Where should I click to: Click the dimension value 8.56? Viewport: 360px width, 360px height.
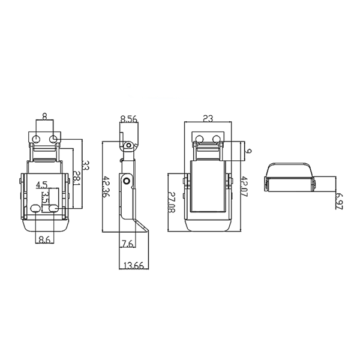[129, 119]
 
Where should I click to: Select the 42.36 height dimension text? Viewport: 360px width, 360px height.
[106, 187]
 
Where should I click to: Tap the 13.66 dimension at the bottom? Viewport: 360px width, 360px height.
[134, 265]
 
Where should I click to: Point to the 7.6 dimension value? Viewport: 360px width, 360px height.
[128, 244]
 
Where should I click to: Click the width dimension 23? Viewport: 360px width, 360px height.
[208, 118]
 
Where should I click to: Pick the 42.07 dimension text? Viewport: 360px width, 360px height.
[244, 187]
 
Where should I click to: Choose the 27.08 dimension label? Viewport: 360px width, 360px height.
[172, 202]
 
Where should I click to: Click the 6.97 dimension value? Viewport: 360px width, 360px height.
[339, 201]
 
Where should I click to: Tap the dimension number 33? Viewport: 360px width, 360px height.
[85, 165]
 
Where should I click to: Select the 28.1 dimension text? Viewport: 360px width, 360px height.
[76, 178]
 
